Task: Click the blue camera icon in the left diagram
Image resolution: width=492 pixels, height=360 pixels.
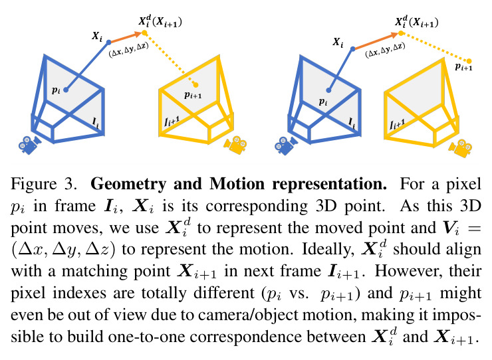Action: [29, 145]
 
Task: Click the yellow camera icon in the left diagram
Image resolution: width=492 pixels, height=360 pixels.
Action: [235, 145]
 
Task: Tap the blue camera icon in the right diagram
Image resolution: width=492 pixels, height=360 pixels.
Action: [286, 145]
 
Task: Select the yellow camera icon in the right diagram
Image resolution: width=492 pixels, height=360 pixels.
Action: [460, 148]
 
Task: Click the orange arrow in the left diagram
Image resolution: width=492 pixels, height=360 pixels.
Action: [126, 37]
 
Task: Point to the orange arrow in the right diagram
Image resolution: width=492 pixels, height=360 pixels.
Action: [376, 41]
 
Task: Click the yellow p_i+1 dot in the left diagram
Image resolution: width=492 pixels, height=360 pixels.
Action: [195, 84]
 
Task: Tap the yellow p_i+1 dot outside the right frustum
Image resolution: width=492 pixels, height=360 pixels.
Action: [469, 61]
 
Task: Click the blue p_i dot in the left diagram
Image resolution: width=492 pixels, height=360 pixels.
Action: [66, 90]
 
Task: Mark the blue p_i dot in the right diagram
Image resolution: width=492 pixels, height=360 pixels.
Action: [328, 90]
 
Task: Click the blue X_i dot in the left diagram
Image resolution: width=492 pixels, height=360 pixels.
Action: [108, 43]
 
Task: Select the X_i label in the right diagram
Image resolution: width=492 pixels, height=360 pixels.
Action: [338, 43]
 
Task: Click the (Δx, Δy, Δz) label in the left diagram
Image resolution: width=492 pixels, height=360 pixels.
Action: [128, 50]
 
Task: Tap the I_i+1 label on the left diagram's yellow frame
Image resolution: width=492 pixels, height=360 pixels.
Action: [172, 122]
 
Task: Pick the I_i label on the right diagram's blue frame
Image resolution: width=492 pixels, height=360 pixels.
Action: [352, 123]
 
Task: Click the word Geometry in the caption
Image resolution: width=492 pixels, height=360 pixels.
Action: [128, 185]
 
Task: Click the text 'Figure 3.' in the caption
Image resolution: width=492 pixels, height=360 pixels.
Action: [44, 184]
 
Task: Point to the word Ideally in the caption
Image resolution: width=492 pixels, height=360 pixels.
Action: [328, 250]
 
